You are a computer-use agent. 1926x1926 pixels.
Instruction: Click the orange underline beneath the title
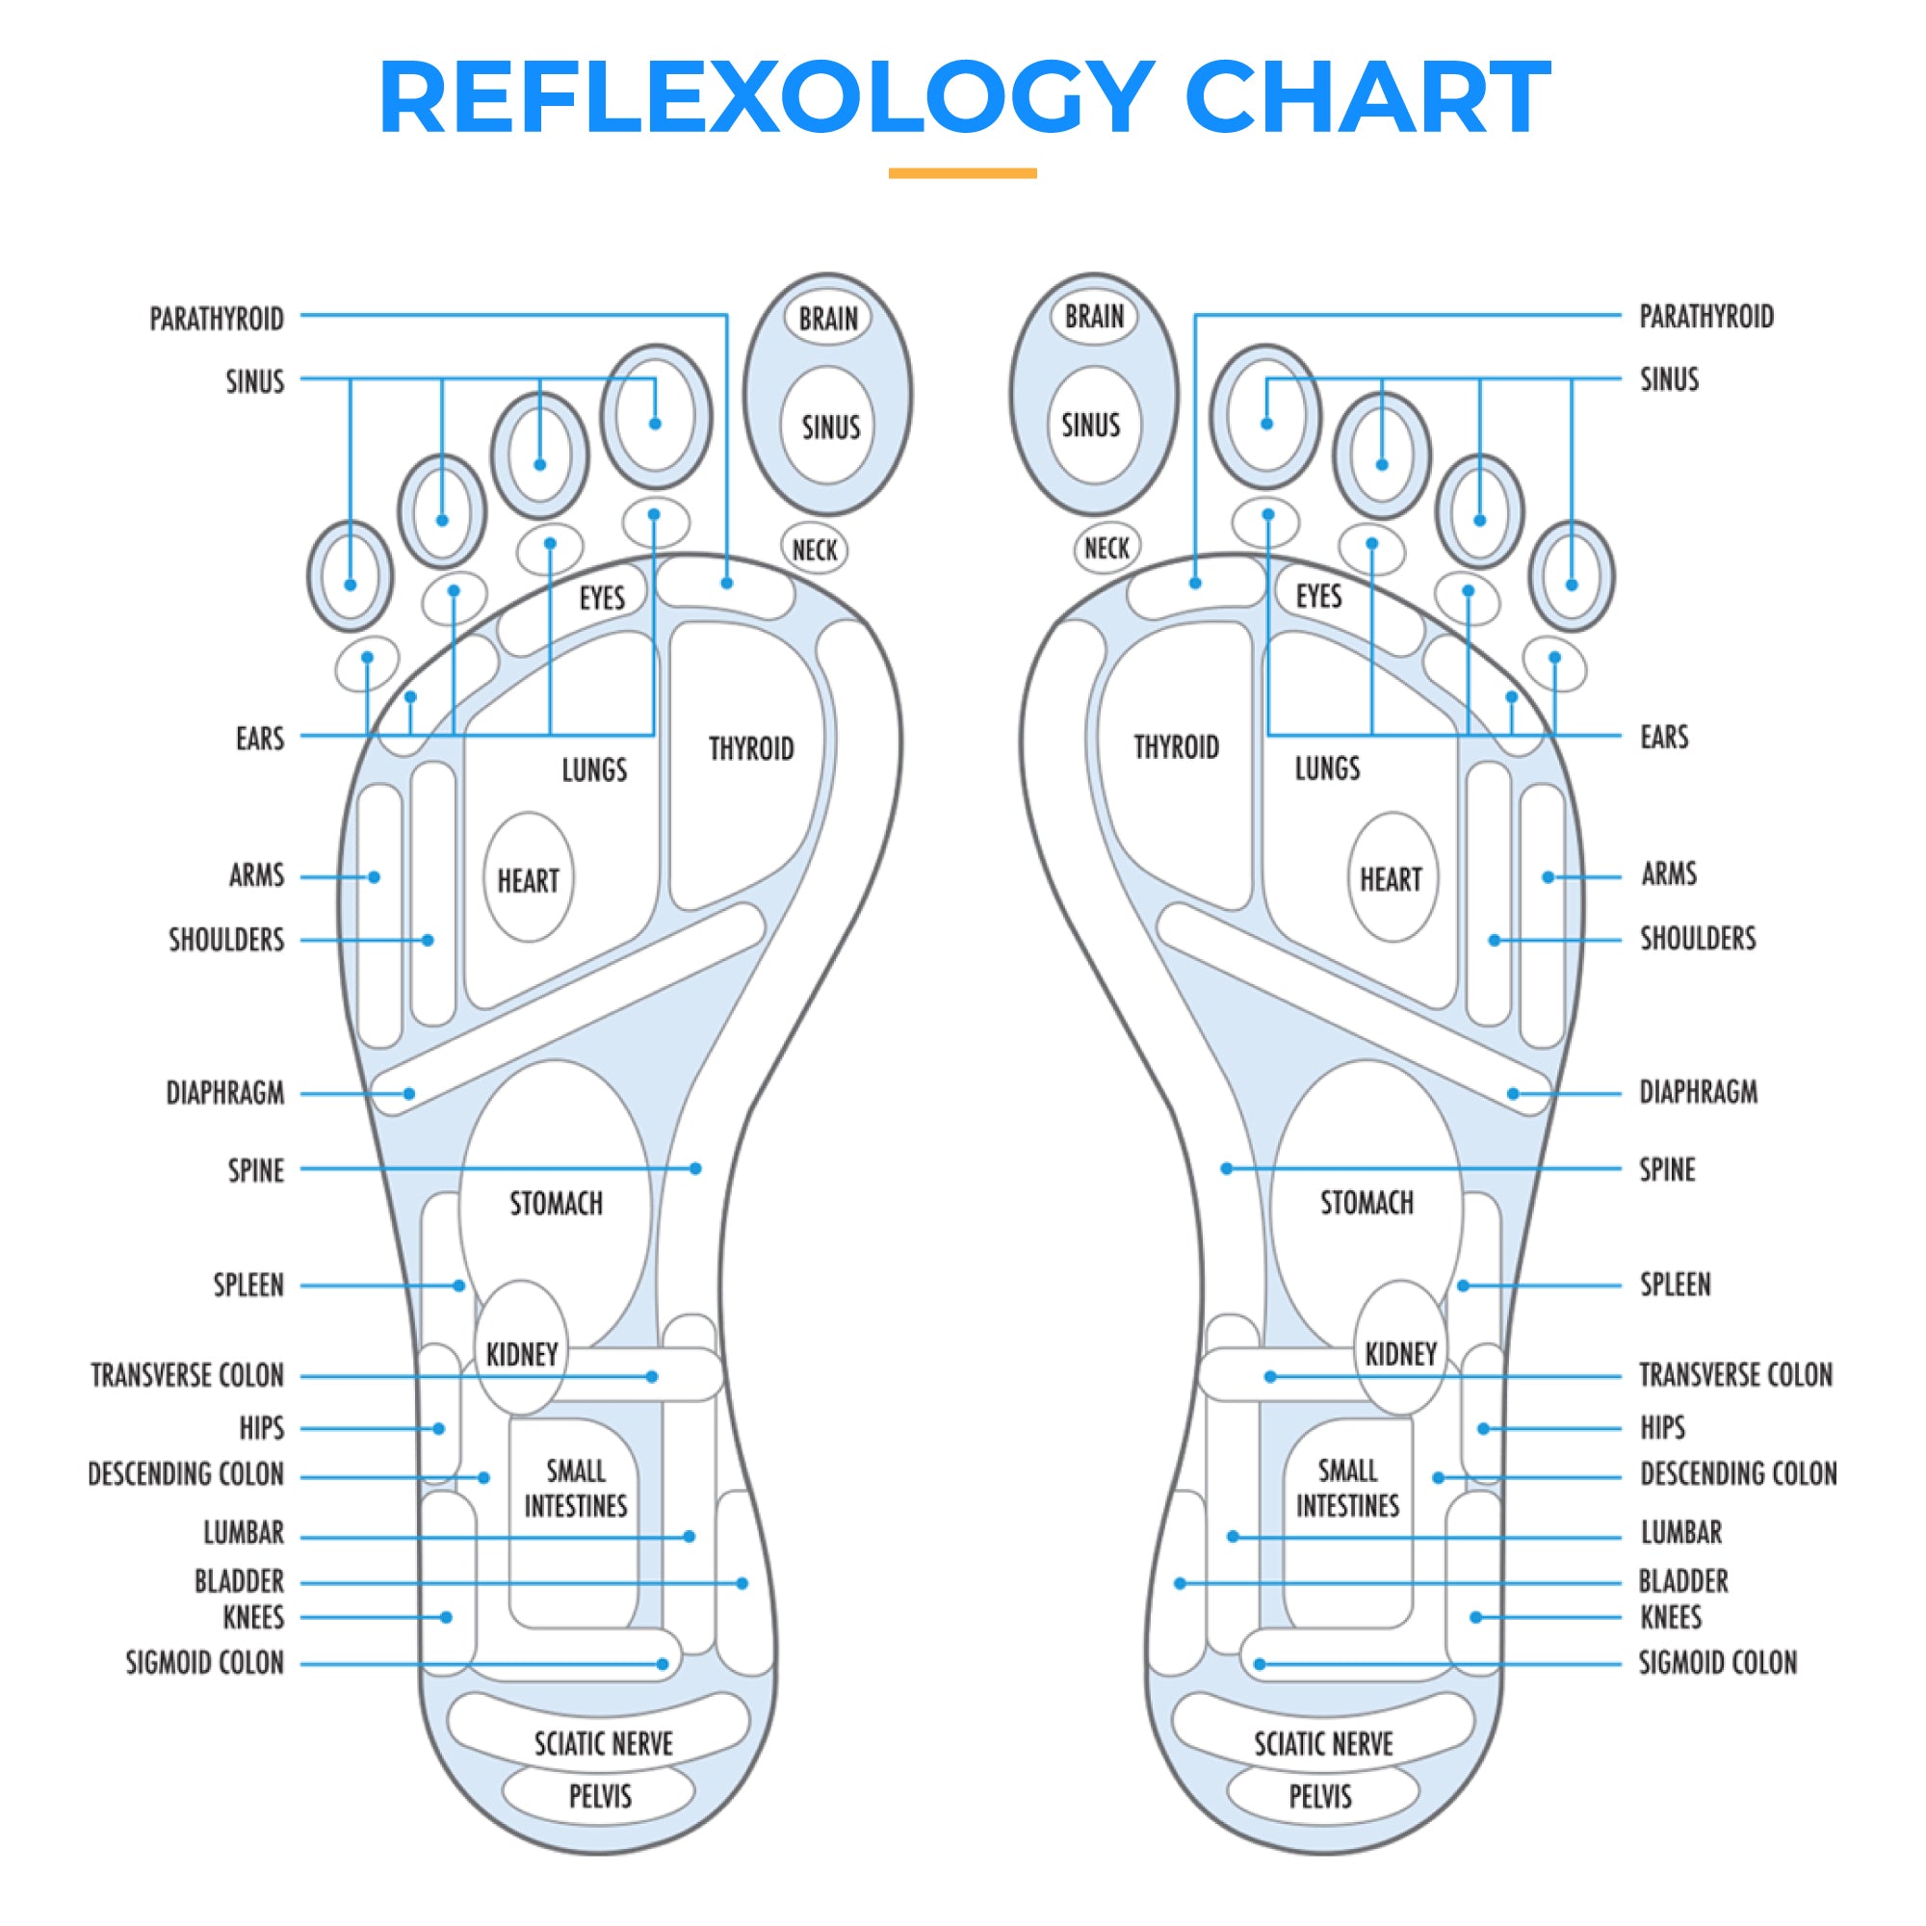[x=962, y=173]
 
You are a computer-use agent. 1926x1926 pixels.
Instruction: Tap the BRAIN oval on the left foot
[x=827, y=319]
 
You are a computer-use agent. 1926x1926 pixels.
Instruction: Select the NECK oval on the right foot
[x=1106, y=548]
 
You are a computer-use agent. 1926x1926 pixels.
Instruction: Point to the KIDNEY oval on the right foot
[x=1400, y=1353]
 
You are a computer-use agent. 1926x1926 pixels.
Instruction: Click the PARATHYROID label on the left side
[x=217, y=319]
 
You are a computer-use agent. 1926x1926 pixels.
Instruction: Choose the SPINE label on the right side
[x=1667, y=1168]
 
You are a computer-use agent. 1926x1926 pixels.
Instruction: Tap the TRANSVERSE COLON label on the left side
[x=188, y=1376]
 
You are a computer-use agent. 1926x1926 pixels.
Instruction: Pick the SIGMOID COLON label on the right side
[x=1718, y=1662]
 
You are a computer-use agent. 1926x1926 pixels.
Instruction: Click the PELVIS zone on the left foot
[x=599, y=1796]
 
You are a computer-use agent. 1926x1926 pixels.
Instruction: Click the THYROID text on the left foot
[x=751, y=748]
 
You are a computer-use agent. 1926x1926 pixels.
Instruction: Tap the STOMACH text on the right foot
[x=1366, y=1203]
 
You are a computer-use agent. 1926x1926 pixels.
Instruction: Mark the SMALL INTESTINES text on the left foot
[x=575, y=1489]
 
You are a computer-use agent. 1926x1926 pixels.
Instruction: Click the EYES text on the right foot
[x=1318, y=596]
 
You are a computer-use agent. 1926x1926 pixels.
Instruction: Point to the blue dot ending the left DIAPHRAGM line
[x=408, y=1094]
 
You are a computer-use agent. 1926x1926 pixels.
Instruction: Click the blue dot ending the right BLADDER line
[x=1180, y=1583]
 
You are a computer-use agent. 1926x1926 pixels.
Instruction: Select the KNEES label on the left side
[x=253, y=1617]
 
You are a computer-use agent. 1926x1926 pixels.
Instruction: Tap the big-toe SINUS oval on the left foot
[x=829, y=427]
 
